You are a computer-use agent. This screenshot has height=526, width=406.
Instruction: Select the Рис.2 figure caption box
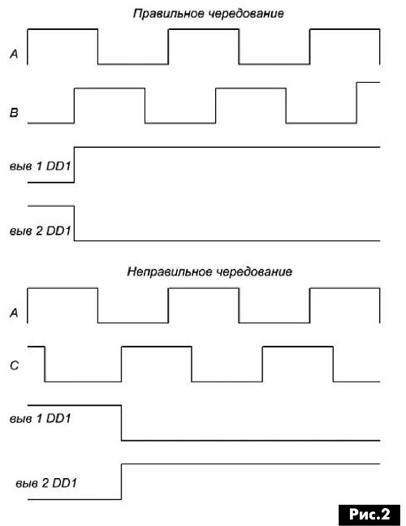tap(369, 514)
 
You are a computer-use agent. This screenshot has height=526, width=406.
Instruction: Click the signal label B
tap(14, 112)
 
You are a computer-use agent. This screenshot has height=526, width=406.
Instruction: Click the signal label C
tap(15, 365)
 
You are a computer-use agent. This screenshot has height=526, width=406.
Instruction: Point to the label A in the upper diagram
tap(14, 54)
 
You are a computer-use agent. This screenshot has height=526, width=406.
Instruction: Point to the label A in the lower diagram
tap(14, 313)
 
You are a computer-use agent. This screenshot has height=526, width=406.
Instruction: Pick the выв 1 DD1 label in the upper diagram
tap(41, 166)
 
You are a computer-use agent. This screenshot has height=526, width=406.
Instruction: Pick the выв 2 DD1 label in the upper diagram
tap(41, 231)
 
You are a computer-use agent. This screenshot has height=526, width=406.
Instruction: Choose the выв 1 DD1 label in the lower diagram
tap(41, 418)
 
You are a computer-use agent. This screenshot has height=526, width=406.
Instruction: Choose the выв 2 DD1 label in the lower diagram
tap(46, 483)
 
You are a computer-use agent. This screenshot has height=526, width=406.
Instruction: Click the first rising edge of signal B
tap(74, 106)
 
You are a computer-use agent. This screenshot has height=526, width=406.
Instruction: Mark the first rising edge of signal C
tap(122, 364)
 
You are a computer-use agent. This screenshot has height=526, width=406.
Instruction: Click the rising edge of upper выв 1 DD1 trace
tap(74, 165)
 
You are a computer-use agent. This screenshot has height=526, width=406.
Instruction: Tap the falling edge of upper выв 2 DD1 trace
tap(74, 223)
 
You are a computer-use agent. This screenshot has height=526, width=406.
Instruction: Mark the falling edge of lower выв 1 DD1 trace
tap(122, 423)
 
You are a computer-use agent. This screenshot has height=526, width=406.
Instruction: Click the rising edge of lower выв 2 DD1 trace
tap(122, 481)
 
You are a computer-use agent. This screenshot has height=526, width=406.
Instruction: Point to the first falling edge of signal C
tap(45, 364)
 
